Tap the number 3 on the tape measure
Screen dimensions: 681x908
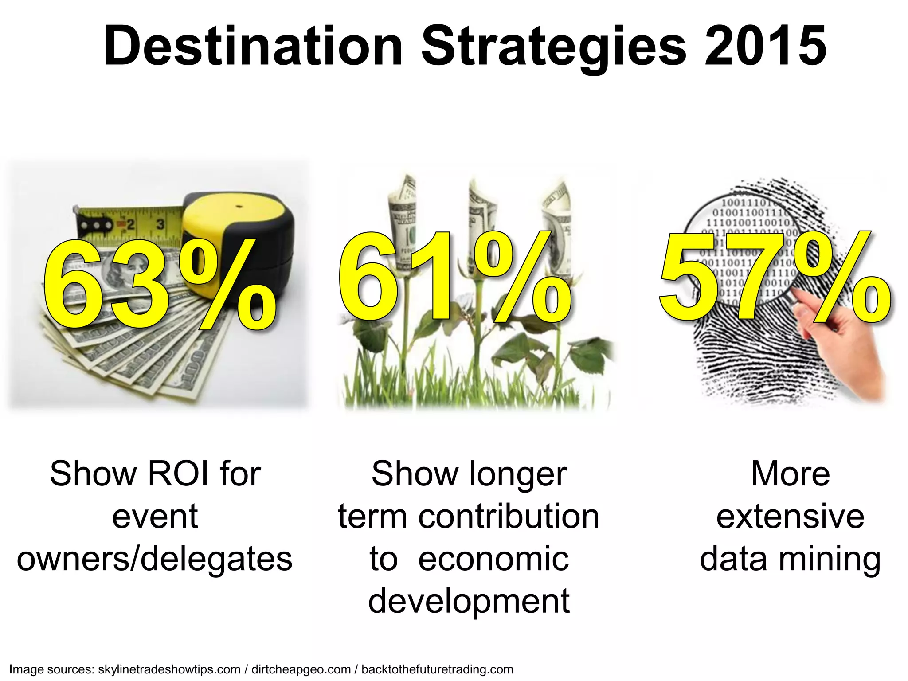160,224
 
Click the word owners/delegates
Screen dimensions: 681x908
155,560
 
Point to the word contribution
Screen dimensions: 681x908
509,517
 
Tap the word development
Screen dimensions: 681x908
469,602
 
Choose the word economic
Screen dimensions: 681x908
493,560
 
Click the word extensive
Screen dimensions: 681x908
790,517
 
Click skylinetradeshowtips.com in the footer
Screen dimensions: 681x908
169,669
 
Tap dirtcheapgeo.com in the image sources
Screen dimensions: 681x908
301,669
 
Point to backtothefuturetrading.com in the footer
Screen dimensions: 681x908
437,669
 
